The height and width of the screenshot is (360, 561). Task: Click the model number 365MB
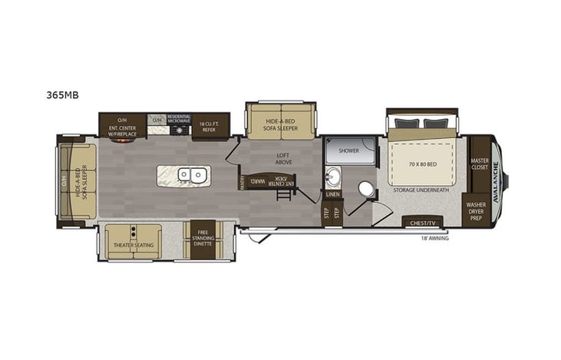click(68, 96)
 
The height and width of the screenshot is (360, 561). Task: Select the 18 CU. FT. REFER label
click(210, 124)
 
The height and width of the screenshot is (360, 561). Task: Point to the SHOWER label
click(350, 151)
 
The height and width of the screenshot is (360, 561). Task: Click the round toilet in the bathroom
click(365, 189)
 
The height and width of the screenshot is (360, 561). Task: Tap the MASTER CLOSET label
click(480, 163)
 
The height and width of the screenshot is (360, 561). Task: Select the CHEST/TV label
click(423, 223)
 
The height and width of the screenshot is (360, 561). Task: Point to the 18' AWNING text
click(434, 239)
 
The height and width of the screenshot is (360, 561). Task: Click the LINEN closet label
click(332, 194)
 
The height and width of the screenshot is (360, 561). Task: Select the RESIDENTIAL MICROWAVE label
click(178, 119)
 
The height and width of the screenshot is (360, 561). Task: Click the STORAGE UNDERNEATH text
click(420, 188)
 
